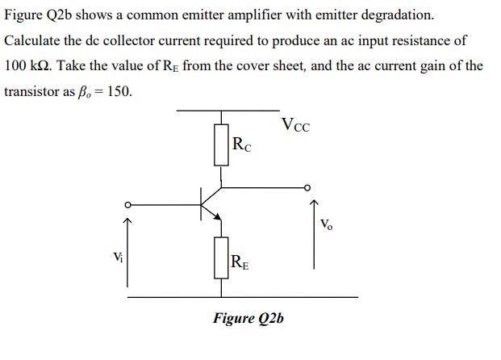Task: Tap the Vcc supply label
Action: point(295,125)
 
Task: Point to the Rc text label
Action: point(241,145)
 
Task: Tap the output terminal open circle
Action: point(307,187)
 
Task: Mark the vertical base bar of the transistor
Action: point(202,203)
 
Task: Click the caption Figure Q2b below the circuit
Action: point(248,318)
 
